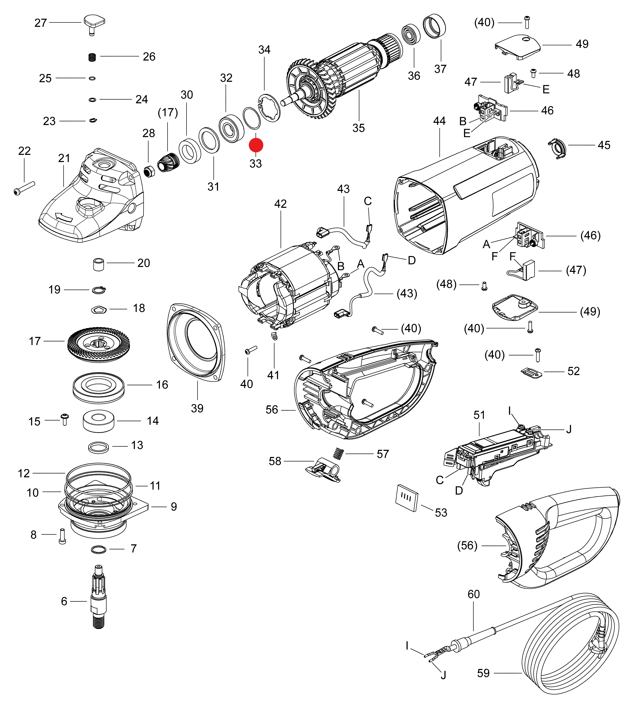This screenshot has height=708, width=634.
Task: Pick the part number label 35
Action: [x=358, y=128]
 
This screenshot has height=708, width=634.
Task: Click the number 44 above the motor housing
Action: [x=439, y=121]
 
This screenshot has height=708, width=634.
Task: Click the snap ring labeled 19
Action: [x=99, y=290]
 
